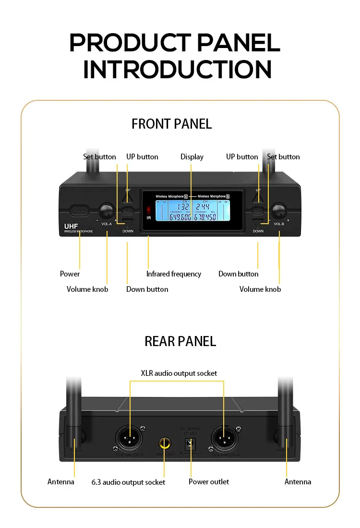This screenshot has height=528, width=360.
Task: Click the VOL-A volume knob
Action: point(106,210)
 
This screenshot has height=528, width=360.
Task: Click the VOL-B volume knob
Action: point(278,211)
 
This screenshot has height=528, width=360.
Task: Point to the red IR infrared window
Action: point(149,210)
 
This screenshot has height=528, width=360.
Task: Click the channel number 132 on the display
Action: point(184,207)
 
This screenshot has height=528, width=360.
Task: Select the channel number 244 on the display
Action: point(205,207)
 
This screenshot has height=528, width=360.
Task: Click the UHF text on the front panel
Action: point(71,226)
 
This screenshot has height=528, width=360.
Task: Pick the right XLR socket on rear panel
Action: point(224,438)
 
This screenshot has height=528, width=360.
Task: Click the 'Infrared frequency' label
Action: point(173,274)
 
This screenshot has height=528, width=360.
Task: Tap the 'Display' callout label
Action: point(192,157)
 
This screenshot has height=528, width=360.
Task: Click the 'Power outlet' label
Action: point(208,481)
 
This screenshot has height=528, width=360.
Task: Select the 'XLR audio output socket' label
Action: point(179,373)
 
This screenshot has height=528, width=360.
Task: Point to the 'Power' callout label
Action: point(70,274)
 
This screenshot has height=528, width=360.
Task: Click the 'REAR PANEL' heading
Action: point(180,341)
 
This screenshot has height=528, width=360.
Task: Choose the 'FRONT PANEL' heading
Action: point(171,124)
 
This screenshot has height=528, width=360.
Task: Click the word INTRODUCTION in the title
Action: point(177,69)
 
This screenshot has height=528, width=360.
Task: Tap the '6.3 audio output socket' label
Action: point(128,482)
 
